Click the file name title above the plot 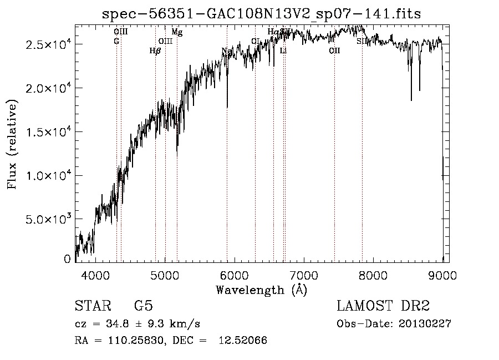click(262, 14)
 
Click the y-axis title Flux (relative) click(12, 144)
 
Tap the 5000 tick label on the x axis click(165, 274)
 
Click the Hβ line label click(155, 50)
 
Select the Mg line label click(177, 32)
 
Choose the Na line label click(226, 52)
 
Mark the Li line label click(283, 50)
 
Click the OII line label click(334, 50)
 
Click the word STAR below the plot click(91, 306)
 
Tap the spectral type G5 click(143, 306)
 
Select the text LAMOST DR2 click(383, 306)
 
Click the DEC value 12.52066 click(242, 341)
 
